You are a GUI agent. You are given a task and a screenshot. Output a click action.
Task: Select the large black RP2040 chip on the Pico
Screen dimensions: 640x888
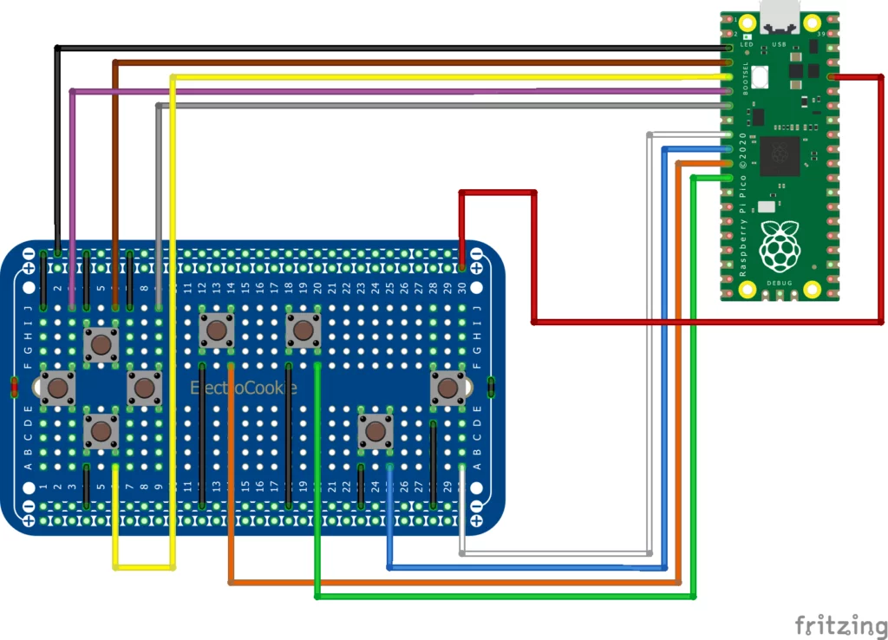point(780,153)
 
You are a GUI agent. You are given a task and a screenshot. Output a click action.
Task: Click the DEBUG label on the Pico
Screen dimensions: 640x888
point(779,284)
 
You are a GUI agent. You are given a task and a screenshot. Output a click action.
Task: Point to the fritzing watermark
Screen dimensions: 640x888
point(836,624)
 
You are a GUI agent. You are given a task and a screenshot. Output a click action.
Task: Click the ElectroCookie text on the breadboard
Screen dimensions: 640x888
point(244,388)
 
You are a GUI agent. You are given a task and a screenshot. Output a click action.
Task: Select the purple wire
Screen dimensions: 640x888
point(390,91)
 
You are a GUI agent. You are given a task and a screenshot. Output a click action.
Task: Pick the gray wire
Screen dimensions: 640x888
point(434,106)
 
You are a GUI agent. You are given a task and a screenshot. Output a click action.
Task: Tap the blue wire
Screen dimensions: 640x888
point(520,568)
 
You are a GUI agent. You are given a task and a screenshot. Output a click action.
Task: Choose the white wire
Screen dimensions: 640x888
point(555,553)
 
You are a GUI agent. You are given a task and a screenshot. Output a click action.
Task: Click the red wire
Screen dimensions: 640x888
point(694,322)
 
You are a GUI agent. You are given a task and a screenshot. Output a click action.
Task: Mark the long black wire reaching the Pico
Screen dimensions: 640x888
point(390,46)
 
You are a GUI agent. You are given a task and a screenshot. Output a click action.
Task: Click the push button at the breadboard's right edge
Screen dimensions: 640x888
point(448,388)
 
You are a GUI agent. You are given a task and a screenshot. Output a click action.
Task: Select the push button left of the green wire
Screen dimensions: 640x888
point(303,330)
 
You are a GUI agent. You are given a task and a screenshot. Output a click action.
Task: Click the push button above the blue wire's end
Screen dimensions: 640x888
point(375,431)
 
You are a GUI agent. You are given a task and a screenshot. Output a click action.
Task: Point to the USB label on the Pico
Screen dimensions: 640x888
point(779,42)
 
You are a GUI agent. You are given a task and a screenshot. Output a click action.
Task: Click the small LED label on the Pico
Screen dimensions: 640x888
point(746,42)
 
